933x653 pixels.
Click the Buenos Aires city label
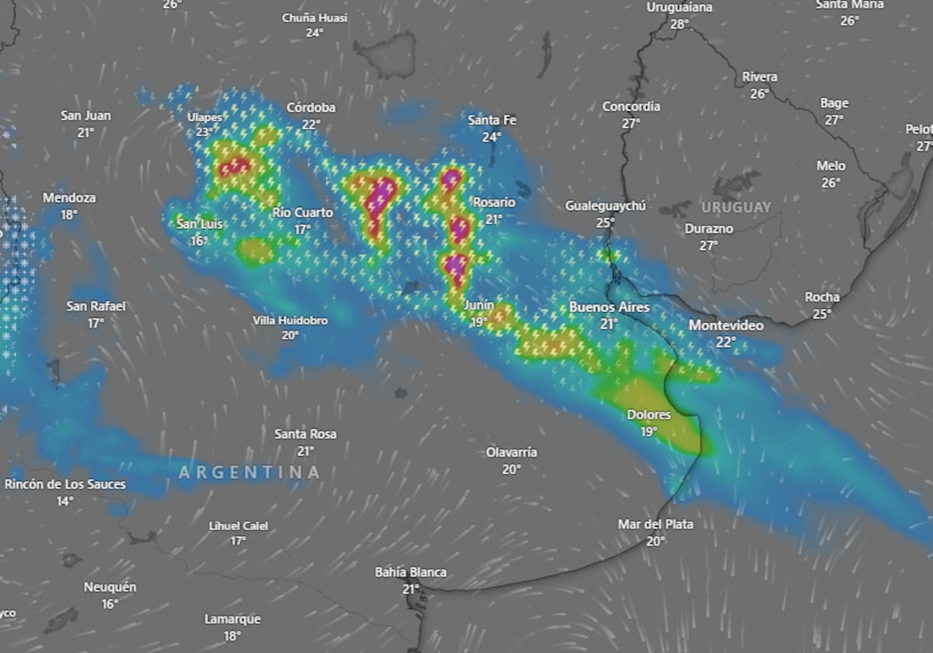pos(609,307)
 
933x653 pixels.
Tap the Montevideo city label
pos(726,325)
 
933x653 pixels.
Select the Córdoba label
pos(311,107)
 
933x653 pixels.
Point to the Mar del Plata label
pos(655,524)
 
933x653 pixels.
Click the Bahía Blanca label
pos(411,572)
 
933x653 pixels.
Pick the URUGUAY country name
pos(736,207)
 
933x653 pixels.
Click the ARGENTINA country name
pos(250,472)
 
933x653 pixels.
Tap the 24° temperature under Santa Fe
pos(491,137)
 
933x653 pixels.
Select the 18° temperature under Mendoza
pos(69,215)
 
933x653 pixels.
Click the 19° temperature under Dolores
pos(648,431)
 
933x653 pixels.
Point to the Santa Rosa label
pos(306,434)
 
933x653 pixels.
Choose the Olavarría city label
pos(512,452)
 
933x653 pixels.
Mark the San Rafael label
pos(96,306)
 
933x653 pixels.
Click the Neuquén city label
pos(110,587)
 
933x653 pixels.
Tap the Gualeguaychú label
pos(606,206)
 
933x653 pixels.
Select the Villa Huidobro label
pos(290,321)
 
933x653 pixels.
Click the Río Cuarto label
pos(302,212)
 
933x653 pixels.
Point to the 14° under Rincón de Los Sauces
pos(65,501)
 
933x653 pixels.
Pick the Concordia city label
pos(631,106)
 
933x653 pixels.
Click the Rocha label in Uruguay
pos(822,297)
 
